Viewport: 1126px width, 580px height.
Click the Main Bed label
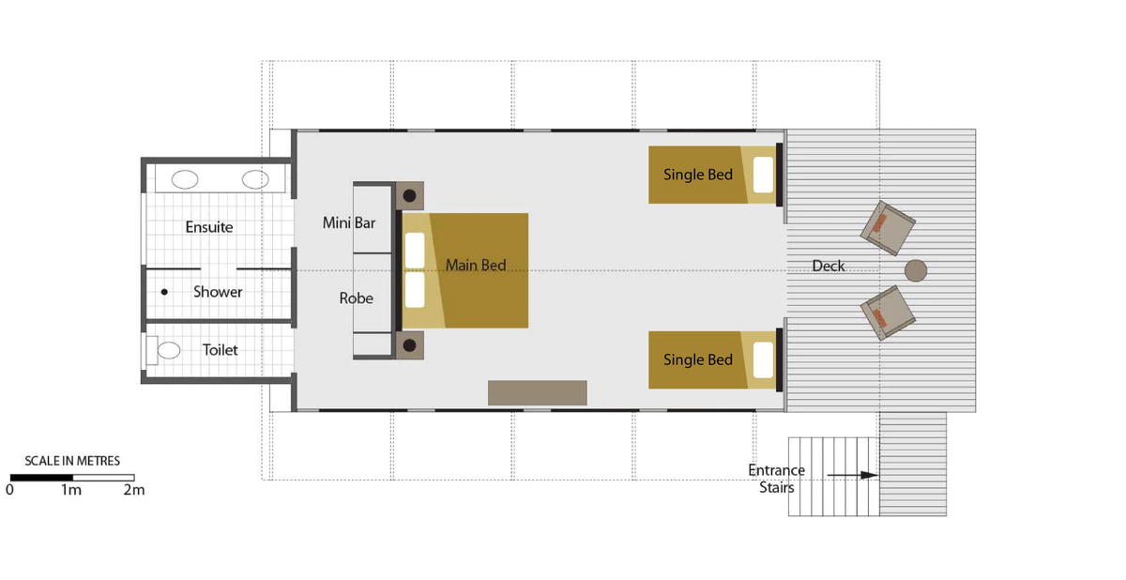pos(476,265)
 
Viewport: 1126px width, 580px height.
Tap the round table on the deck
pos(916,270)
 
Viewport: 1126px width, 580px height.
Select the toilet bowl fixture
pos(169,350)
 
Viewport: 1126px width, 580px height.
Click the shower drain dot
pos(164,292)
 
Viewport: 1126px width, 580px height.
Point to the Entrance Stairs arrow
pos(853,475)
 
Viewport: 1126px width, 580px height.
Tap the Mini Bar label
pos(349,222)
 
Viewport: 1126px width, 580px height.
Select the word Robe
pos(356,298)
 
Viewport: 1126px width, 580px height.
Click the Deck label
pos(828,266)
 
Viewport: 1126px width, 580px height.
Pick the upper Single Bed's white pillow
pos(763,175)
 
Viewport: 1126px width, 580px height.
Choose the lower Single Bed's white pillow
pos(763,359)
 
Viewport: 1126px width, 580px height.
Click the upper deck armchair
pos(888,228)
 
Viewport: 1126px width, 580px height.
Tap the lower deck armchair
pos(888,313)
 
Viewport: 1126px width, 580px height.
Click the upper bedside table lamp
pos(410,195)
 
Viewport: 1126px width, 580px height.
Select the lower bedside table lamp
pos(410,345)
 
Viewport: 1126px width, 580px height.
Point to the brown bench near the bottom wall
pos(538,392)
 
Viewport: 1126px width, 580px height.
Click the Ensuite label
pos(209,227)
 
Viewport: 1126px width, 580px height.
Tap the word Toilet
pos(220,350)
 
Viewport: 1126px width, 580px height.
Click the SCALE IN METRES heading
pos(72,461)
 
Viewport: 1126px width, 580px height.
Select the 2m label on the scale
pos(134,490)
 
